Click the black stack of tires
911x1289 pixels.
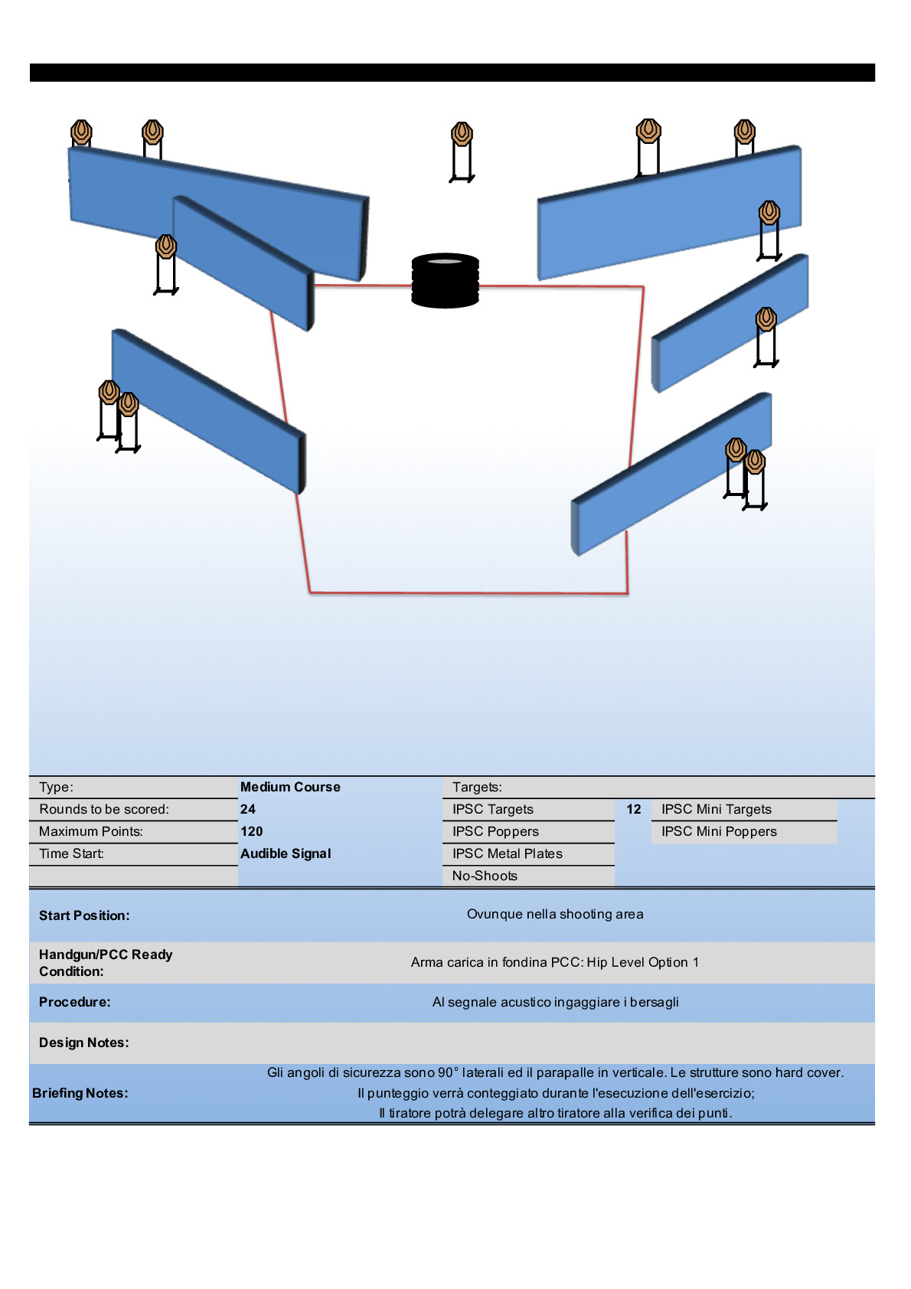tap(445, 280)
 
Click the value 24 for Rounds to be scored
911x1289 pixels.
tap(248, 809)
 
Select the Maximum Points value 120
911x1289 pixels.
tap(251, 831)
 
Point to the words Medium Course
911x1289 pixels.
tap(290, 787)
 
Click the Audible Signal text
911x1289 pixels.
tap(286, 853)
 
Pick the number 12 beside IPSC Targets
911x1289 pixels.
tap(634, 809)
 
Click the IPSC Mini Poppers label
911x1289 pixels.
tap(719, 831)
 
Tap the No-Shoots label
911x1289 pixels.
tap(485, 876)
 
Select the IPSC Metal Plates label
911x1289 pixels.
tap(507, 853)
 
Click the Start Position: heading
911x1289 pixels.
tap(84, 915)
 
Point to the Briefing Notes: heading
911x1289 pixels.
tap(80, 1093)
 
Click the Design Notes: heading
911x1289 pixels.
tap(84, 1043)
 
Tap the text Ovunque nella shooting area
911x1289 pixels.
tap(555, 914)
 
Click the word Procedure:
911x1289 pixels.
tap(75, 1002)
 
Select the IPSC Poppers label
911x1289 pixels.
tap(495, 831)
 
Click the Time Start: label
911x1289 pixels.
tap(72, 853)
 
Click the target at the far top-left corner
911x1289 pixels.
tap(81, 132)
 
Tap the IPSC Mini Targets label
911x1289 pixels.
tap(717, 809)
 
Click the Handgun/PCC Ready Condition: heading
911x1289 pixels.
tap(106, 963)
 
